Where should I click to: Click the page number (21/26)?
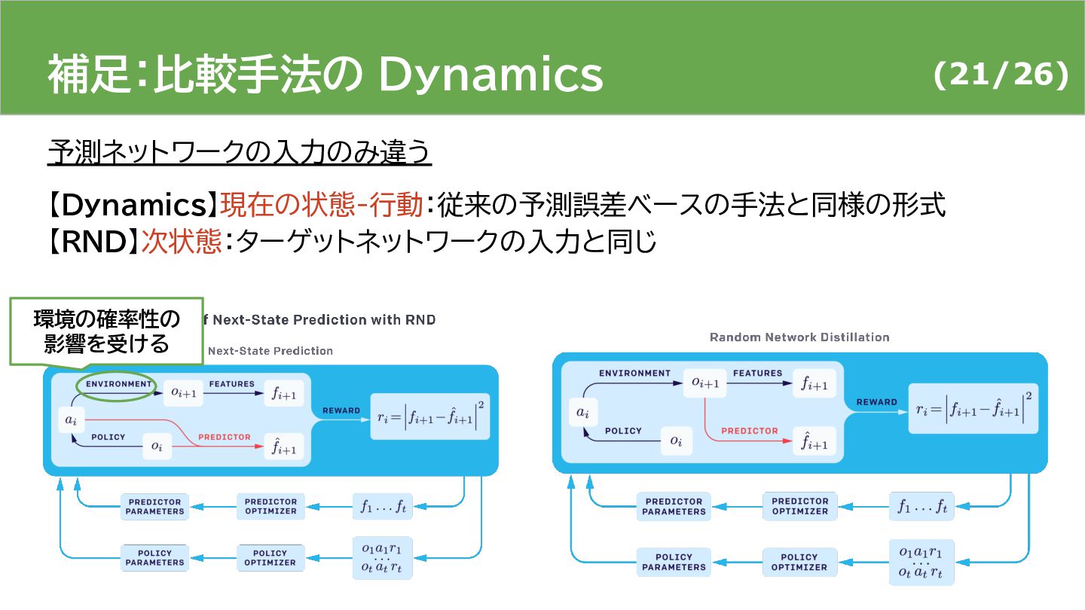[1001, 74]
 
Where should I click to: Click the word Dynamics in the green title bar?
[490, 74]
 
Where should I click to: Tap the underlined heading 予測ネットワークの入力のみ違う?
[240, 152]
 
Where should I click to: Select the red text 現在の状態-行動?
[320, 205]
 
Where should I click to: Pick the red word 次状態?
[181, 242]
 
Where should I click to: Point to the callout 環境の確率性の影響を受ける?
[106, 331]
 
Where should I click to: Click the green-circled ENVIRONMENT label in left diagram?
[118, 384]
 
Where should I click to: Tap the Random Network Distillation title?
[799, 337]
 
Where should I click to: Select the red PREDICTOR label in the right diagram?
[749, 431]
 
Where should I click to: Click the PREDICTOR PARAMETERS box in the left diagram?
[154, 506]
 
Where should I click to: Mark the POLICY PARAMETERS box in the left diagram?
[154, 557]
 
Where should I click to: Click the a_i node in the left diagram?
[70, 419]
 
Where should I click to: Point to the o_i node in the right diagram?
[676, 441]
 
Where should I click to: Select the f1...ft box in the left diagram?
[383, 506]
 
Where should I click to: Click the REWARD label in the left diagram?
[341, 410]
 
